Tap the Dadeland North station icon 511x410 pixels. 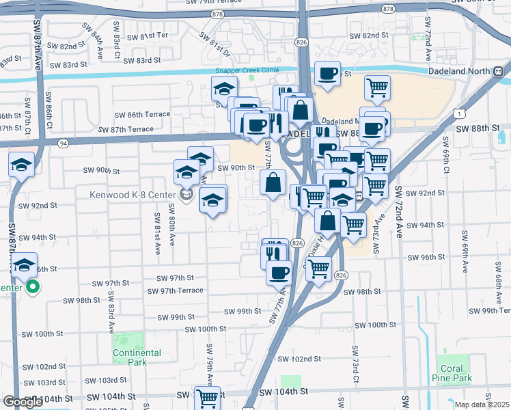tap(499, 70)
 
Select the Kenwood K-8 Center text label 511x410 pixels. tap(132, 194)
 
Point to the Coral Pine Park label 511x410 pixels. tap(452, 373)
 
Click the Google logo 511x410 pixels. tap(23, 402)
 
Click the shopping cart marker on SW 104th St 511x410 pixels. tap(207, 397)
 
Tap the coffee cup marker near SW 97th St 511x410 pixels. tap(277, 273)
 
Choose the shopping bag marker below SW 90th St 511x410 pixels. tap(273, 182)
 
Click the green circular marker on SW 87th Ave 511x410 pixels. tap(32, 288)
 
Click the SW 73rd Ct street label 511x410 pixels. tap(356, 363)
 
